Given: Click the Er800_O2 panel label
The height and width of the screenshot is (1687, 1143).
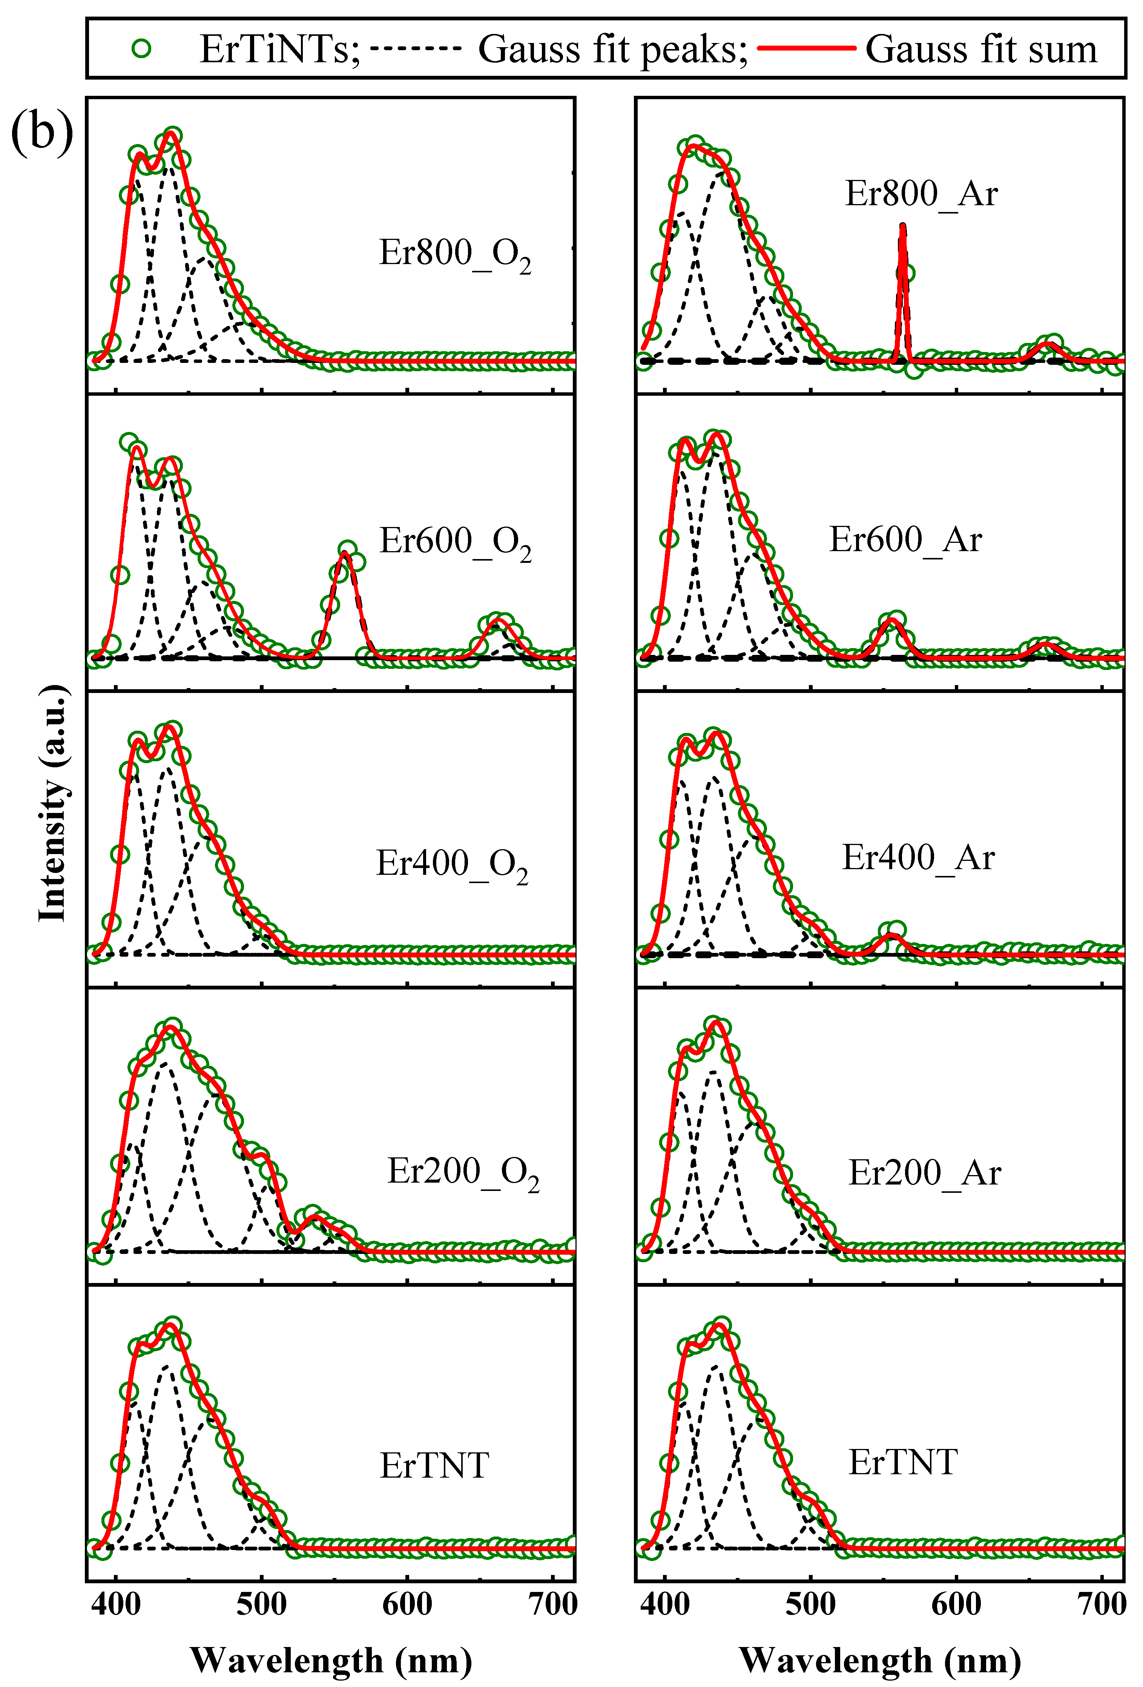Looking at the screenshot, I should tap(455, 254).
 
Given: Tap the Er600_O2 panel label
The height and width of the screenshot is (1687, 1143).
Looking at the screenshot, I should tap(455, 542).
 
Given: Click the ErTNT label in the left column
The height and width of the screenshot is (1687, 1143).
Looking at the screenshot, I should tap(434, 1466).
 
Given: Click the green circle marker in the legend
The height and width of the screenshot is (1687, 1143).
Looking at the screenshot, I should tap(142, 49).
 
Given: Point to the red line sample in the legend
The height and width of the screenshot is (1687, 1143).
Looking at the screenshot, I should tap(806, 49).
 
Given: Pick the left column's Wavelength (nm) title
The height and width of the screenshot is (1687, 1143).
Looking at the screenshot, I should tap(331, 1660).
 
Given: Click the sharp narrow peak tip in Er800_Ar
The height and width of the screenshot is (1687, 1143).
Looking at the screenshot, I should tap(903, 225).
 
